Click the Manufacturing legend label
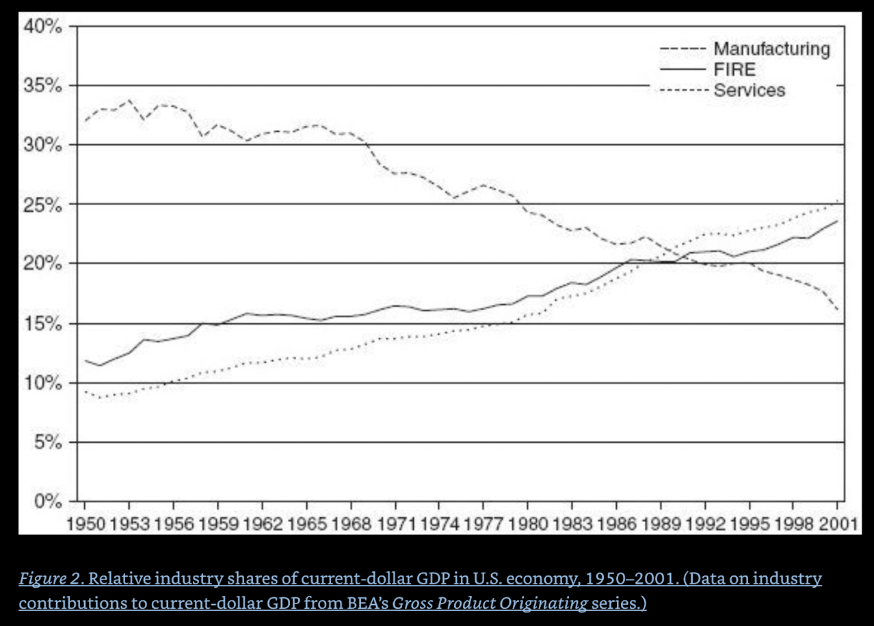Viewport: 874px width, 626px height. coord(771,49)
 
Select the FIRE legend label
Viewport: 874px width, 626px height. coord(734,69)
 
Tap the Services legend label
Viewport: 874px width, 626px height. coord(749,90)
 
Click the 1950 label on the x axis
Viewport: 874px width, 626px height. coord(85,524)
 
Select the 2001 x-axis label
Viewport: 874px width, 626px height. coord(838,524)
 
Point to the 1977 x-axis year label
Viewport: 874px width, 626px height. coord(484,524)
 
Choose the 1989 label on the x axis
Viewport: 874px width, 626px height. coord(661,524)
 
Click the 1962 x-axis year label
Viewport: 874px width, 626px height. coord(263,524)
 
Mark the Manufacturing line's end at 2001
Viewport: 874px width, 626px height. coord(838,310)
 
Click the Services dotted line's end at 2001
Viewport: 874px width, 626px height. coord(838,201)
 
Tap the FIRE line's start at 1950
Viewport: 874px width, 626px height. coord(85,360)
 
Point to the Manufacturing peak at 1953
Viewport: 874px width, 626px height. coord(129,100)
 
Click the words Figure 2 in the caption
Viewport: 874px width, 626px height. coord(49,580)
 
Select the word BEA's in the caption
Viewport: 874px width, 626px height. coord(365,603)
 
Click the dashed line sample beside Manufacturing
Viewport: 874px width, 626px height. coord(682,49)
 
